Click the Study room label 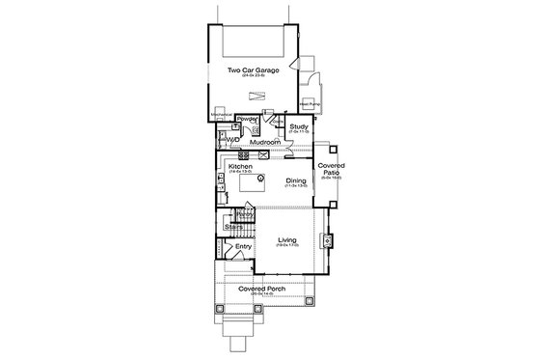298,125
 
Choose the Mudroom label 265,142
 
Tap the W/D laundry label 232,138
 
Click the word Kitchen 241,166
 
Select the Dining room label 297,180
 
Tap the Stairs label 233,227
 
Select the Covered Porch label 260,289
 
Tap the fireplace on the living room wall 328,239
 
